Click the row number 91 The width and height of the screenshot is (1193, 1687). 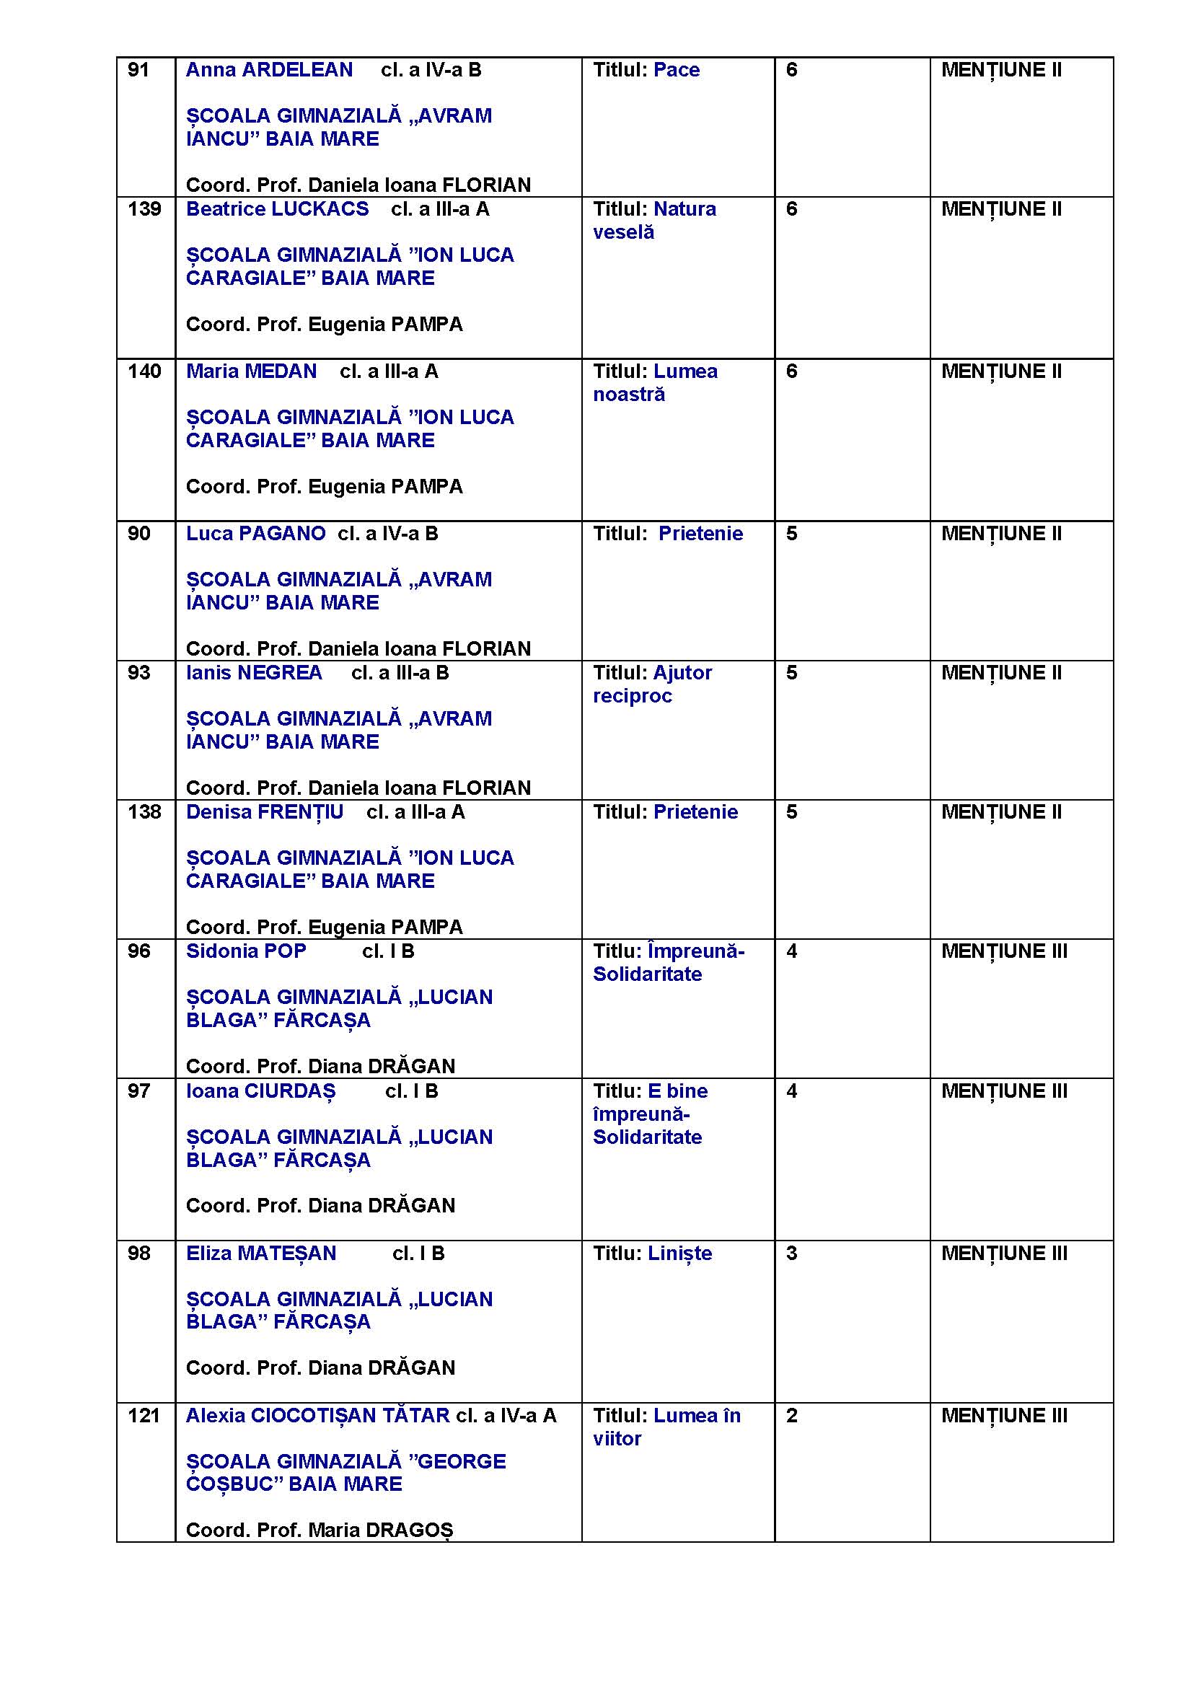pos(138,70)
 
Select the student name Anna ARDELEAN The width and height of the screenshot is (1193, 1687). pos(269,70)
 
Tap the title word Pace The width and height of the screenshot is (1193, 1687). pos(676,70)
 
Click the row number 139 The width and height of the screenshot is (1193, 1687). pos(144,209)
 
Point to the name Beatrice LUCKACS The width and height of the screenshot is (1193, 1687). pos(277,209)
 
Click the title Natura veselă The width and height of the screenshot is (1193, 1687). pos(654,221)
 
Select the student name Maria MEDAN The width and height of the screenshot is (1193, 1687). pos(251,371)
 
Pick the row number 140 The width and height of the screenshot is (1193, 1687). pos(144,371)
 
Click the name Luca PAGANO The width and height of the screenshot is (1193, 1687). pos(255,534)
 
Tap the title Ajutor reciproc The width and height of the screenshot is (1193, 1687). pos(652,684)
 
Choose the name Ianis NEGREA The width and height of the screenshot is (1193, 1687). pos(253,673)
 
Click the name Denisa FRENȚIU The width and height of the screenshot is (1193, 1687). pos(265,813)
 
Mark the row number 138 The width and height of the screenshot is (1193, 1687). pos(144,813)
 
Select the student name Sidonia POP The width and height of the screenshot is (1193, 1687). pos(245,951)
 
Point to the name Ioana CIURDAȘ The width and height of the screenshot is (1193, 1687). pos(260,1092)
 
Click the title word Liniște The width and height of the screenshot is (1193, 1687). pos(679,1254)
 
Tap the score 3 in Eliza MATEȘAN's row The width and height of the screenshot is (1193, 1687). pos(791,1254)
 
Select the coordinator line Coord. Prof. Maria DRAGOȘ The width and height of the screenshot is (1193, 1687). pos(319,1530)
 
